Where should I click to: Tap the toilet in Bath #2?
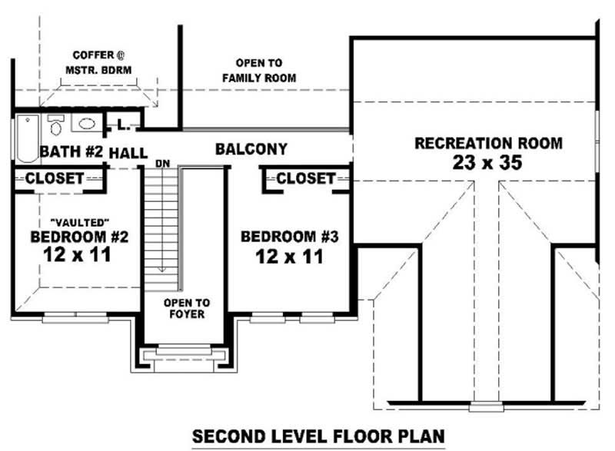(55, 124)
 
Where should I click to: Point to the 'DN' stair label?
(162, 163)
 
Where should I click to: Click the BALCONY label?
(251, 149)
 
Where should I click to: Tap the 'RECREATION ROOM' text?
(488, 143)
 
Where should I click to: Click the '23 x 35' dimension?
(488, 162)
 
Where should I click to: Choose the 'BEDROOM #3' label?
(290, 237)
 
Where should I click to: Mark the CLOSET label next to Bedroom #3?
(305, 178)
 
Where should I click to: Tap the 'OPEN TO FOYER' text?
(186, 308)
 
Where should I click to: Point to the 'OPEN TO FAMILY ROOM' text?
(259, 70)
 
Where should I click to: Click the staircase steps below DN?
(162, 223)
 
